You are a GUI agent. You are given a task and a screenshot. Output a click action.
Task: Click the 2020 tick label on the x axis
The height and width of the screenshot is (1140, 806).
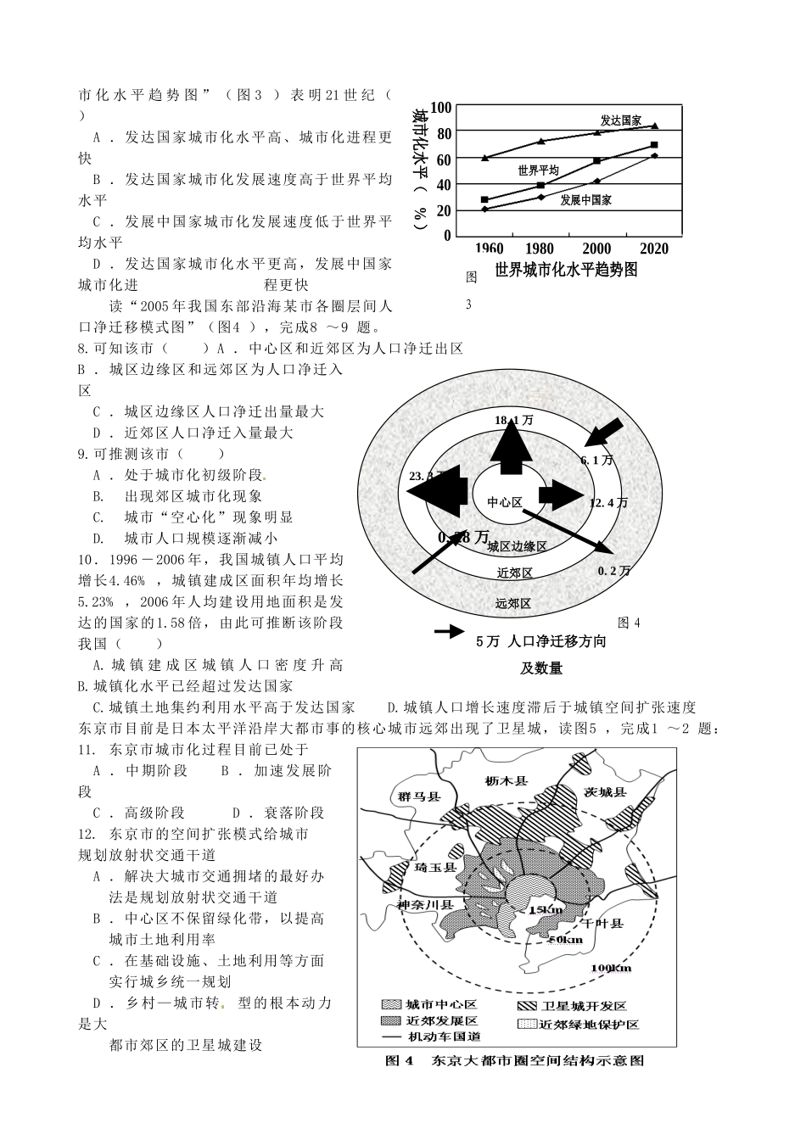point(652,249)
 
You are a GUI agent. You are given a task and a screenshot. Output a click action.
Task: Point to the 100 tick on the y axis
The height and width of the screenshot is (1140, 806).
point(442,108)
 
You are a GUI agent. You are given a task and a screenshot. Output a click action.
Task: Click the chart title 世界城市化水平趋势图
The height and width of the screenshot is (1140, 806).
point(566,270)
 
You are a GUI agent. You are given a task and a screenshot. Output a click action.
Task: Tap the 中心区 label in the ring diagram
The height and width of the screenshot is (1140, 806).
point(505,502)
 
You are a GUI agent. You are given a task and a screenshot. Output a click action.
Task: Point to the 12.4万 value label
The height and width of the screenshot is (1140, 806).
point(608,502)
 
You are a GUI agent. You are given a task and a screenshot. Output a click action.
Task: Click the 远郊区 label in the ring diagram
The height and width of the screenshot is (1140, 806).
point(513,603)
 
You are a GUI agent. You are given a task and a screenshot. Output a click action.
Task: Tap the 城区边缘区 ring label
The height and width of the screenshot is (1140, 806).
point(517,547)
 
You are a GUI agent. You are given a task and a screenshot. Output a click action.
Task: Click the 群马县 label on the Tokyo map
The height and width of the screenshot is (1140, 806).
point(419,796)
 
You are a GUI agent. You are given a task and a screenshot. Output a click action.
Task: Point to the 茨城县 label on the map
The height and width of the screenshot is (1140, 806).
point(605,791)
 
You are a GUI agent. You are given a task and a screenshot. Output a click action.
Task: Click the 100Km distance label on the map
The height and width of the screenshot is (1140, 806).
point(613,968)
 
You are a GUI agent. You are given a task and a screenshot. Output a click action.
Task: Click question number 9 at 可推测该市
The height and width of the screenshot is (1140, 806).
point(81,454)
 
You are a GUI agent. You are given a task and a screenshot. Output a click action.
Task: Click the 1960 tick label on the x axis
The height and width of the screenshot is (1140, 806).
point(488,249)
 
